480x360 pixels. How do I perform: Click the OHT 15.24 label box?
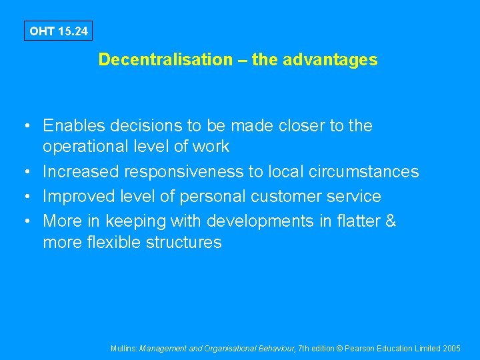(59, 31)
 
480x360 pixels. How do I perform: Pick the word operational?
(86, 146)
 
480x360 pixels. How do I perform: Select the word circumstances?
(363, 171)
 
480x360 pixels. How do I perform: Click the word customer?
(299, 197)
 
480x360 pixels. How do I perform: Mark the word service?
(359, 197)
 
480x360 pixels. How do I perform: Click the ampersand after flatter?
(391, 221)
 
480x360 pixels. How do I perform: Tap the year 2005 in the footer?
(451, 349)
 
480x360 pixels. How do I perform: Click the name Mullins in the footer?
(123, 349)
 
